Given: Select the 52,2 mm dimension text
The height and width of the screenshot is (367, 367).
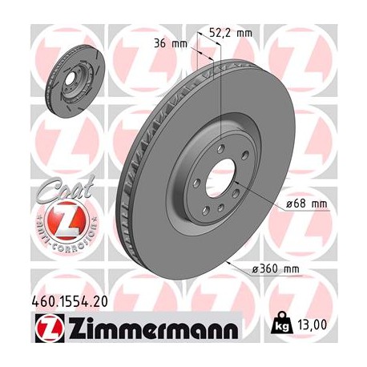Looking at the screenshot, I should (229, 34).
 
